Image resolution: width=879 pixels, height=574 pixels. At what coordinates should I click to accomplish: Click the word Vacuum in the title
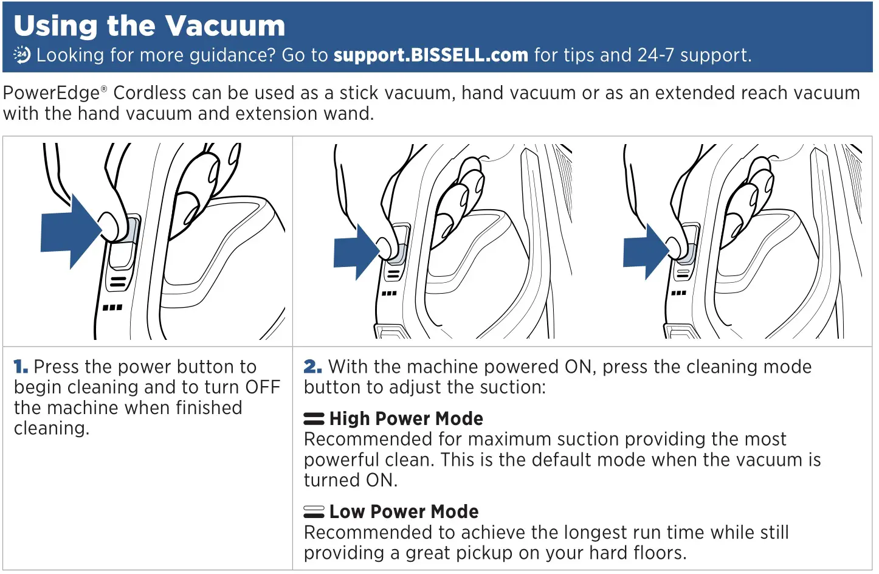tap(225, 26)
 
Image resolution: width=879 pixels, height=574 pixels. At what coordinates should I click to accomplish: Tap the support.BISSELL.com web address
tap(430, 55)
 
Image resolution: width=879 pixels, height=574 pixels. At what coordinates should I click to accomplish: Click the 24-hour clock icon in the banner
tap(22, 55)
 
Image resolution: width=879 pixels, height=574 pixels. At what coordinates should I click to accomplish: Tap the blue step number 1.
tap(21, 367)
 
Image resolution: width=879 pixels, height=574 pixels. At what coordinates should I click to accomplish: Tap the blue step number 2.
tap(312, 367)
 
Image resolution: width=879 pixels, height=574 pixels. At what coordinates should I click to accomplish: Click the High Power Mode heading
tap(405, 418)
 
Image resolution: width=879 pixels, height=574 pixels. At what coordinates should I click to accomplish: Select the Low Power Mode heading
tap(404, 511)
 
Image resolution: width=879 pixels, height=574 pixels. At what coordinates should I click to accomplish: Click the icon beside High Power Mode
tap(314, 419)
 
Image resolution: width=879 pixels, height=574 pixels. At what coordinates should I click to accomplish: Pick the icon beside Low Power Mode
tap(314, 512)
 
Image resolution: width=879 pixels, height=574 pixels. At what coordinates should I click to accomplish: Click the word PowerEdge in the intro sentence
tap(51, 93)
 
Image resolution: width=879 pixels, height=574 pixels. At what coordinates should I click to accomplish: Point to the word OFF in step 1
tap(262, 387)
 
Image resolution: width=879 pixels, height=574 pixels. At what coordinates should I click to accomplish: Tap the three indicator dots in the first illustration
tap(112, 308)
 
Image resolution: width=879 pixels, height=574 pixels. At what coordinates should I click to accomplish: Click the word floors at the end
tap(659, 553)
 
